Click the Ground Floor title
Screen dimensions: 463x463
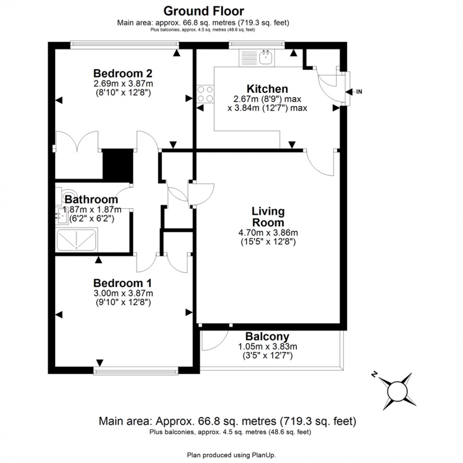point(204,10)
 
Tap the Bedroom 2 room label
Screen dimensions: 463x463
point(122,73)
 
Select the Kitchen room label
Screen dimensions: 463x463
point(267,89)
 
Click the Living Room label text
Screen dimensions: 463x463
point(268,217)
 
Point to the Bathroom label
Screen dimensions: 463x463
point(91,200)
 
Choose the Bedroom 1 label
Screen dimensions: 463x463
point(122,283)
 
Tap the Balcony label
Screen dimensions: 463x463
point(267,337)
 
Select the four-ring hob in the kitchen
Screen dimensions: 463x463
point(206,93)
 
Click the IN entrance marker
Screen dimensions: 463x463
point(359,92)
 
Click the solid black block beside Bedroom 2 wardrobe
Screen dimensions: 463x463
point(117,164)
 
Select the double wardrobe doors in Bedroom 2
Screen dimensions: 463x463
point(78,142)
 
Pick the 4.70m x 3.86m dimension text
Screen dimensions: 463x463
point(268,232)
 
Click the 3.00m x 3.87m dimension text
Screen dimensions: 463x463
point(122,293)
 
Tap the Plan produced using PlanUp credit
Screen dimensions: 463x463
point(231,455)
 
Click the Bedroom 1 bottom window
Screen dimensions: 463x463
point(136,371)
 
